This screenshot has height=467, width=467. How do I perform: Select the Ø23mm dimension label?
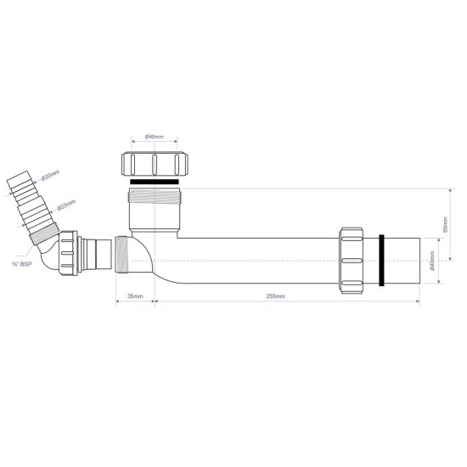pos(67,204)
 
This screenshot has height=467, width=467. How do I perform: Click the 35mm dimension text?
pos(134,296)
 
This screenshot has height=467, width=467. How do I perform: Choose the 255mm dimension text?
pos(274,296)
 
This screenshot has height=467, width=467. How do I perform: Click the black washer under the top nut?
pos(155,181)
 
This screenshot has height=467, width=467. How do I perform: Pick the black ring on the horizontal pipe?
pos(384,261)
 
